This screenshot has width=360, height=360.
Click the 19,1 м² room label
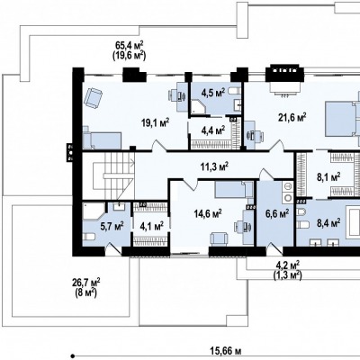click(156, 122)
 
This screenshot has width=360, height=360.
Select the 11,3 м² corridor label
click(214, 166)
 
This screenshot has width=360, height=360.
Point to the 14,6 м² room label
click(208, 214)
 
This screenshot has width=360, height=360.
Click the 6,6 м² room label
click(277, 214)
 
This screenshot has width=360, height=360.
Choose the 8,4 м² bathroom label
click(328, 222)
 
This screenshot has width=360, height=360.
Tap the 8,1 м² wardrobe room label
click(328, 175)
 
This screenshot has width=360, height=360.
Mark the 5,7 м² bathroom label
click(112, 226)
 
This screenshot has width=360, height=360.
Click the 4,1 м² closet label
click(151, 226)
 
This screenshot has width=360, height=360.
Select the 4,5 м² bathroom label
click(213, 94)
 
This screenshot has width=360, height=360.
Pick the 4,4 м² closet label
click(213, 130)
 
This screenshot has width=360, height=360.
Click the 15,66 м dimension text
click(226, 350)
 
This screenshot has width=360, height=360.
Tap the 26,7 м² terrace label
click(86, 283)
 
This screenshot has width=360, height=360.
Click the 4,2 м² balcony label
click(287, 265)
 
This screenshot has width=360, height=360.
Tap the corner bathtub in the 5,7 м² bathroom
click(94, 211)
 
